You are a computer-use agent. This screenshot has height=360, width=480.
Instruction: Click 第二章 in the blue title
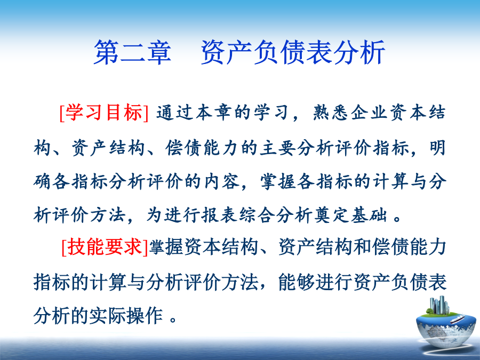132,52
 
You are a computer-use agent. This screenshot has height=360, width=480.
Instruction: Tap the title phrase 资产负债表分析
293,52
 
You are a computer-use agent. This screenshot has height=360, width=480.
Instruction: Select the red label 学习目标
104,113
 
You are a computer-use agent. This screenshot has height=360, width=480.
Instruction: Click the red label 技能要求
105,247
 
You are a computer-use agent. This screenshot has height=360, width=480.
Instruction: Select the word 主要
278,148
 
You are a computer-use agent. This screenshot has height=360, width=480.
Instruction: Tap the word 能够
297,282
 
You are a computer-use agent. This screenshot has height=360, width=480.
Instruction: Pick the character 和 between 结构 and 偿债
362,247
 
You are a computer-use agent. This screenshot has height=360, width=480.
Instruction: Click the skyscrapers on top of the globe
439,305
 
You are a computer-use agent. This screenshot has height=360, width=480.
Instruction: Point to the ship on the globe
457,319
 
